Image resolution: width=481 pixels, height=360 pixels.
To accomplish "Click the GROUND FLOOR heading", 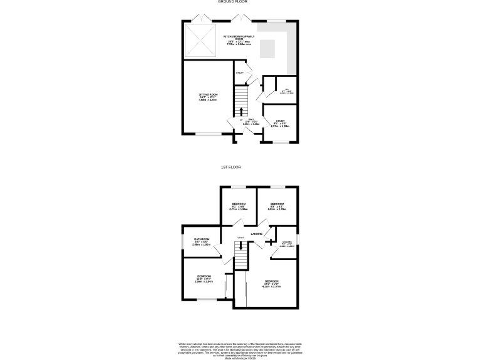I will [x=230, y=2].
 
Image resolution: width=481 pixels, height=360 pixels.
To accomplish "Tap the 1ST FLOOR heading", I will [x=230, y=167].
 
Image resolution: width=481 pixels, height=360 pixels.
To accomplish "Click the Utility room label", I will [x=240, y=73].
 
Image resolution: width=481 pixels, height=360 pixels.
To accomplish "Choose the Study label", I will [x=279, y=121].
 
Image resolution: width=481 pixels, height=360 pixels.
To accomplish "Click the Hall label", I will [x=251, y=119].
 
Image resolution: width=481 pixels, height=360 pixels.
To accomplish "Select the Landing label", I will [x=257, y=234].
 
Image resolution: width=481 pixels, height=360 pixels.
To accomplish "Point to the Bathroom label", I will [x=201, y=239].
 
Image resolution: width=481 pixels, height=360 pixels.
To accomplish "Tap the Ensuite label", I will [x=287, y=241].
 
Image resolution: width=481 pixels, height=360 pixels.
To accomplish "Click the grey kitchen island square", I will [x=267, y=47].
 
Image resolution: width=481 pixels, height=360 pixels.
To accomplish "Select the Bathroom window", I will [x=183, y=243].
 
